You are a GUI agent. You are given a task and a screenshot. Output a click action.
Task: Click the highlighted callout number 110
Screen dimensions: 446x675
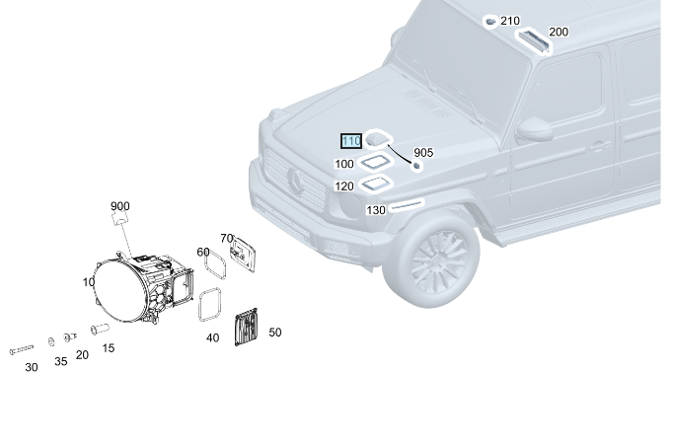point(351,142)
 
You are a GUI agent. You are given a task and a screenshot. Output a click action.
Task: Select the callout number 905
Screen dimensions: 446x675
point(423,153)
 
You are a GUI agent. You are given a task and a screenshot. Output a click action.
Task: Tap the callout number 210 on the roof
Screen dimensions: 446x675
point(509,21)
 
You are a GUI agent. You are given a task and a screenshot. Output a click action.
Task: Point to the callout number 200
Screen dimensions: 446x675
point(559,33)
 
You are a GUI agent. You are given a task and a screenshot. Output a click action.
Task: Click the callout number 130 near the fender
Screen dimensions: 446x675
point(376,210)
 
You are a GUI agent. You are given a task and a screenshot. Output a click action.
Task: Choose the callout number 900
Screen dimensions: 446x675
point(120,206)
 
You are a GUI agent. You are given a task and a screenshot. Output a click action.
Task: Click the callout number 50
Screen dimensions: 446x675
point(274,333)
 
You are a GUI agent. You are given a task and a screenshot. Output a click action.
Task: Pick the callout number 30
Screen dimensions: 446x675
point(32,367)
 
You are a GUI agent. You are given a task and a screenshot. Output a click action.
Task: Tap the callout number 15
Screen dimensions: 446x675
point(109,347)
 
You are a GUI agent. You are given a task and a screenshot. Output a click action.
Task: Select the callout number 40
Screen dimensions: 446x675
point(212,337)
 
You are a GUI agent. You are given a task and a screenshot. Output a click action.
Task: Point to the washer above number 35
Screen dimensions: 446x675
point(51,340)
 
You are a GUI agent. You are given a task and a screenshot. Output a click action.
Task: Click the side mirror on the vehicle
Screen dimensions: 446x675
point(535,129)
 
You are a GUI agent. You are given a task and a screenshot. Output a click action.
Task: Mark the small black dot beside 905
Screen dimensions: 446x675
point(416,166)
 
